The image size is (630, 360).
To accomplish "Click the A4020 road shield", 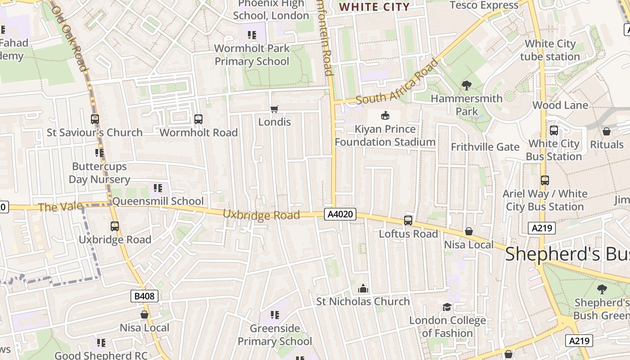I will (x=340, y=214).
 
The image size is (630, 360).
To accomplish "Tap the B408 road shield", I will (x=144, y=296).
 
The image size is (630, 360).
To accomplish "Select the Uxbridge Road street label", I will (x=261, y=215).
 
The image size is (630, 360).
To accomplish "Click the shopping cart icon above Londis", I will (x=274, y=109).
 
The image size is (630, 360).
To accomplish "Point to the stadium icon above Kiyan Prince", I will (x=385, y=116).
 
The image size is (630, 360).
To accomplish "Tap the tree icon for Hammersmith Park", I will (x=467, y=85).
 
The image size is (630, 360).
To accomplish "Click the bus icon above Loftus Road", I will (x=408, y=220).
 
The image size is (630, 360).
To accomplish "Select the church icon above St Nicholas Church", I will (x=363, y=288).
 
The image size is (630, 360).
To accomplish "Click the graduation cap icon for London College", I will (x=447, y=307).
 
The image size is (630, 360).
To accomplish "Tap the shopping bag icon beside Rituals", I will (x=607, y=131).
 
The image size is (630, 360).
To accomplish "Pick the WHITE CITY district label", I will (x=374, y=7).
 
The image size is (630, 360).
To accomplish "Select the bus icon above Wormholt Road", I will (x=198, y=119).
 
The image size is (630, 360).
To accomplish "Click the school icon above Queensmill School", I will (x=157, y=188).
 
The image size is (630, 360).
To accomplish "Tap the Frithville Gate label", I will (x=485, y=147).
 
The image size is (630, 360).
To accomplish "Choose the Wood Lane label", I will (x=560, y=105).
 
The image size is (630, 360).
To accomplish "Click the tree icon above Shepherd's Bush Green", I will (x=602, y=289).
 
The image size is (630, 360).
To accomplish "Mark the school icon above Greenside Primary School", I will (x=274, y=315).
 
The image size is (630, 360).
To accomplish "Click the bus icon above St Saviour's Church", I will (x=95, y=119).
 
